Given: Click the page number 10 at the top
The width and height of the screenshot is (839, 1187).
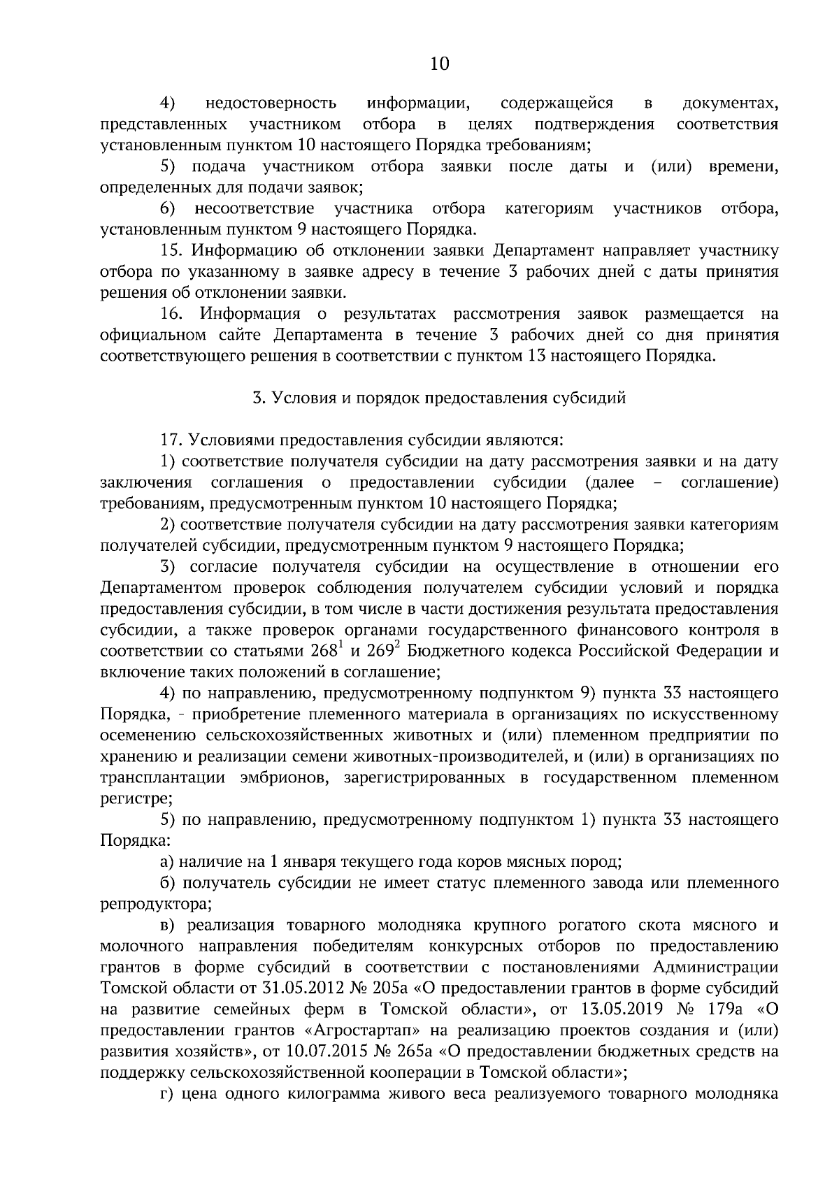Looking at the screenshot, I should point(439,64).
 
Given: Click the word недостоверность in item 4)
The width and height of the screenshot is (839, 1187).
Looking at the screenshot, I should point(271,104).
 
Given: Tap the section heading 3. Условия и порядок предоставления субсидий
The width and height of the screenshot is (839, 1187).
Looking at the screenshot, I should point(439,398).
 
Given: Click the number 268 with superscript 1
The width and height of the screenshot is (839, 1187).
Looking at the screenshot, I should point(326,651).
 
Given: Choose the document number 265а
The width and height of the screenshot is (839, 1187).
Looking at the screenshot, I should point(406,1051).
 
